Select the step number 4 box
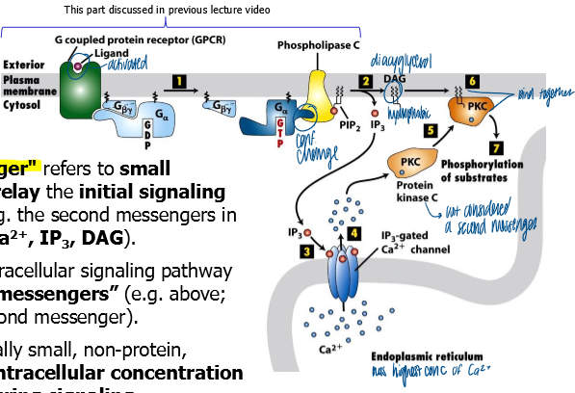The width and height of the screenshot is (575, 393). click(354, 233)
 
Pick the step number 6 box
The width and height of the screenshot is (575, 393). click(472, 81)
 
